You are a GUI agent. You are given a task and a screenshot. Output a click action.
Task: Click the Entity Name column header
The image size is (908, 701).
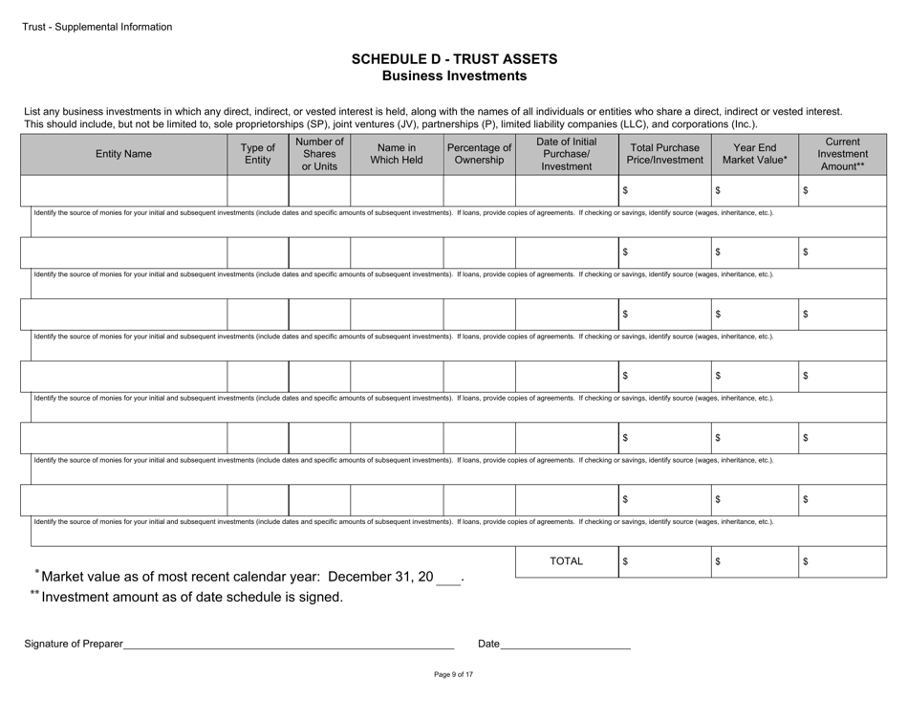[x=123, y=153]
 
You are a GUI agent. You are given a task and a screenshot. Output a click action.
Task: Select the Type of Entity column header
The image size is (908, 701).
[x=257, y=153]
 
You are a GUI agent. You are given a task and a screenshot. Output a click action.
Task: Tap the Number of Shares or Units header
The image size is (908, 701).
[x=318, y=153]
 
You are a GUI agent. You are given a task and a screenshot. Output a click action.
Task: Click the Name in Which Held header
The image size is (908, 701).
[x=396, y=153]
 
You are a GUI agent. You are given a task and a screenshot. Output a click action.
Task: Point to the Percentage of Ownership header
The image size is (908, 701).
[x=479, y=153]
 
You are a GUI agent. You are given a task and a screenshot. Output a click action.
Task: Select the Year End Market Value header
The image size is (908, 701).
[x=754, y=153]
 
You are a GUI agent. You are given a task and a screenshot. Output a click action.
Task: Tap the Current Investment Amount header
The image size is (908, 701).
[x=842, y=153]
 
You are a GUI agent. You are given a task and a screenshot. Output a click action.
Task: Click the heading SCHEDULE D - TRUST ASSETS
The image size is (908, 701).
[x=454, y=59]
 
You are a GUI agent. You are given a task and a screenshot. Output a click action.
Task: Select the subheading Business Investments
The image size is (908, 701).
[x=454, y=76]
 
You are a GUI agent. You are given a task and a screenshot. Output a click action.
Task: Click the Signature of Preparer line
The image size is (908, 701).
[x=287, y=643]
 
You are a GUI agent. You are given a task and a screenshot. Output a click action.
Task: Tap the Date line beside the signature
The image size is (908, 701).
[x=565, y=643]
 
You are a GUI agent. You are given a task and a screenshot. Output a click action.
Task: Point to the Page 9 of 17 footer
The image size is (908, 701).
[x=454, y=674]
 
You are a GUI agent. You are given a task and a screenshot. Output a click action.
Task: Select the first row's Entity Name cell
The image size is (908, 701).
[x=123, y=191]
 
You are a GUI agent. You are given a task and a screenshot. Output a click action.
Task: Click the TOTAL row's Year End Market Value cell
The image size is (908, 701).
[x=754, y=562]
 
